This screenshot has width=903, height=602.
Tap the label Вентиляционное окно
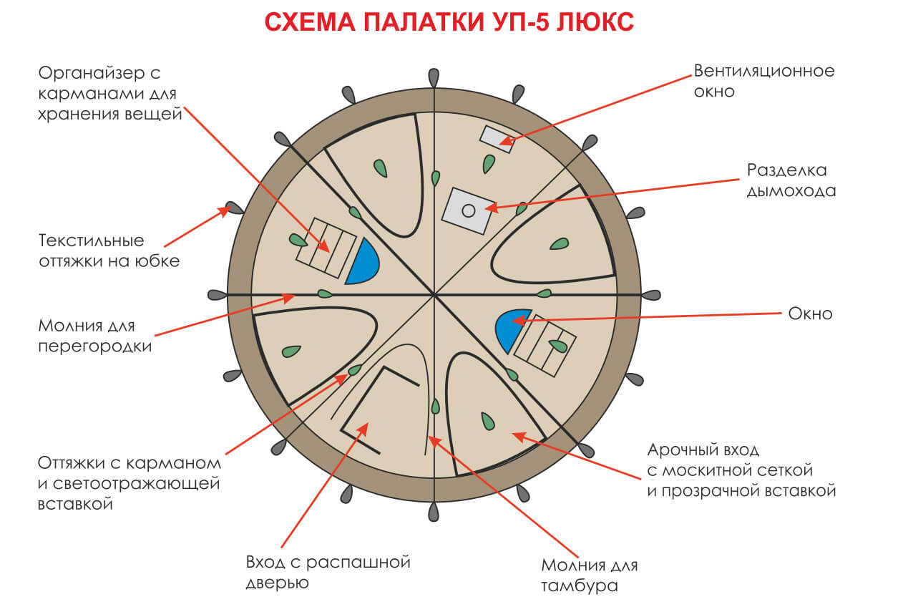pos(764,81)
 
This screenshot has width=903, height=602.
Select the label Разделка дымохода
pos(791,180)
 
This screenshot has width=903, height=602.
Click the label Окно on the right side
pos(810,314)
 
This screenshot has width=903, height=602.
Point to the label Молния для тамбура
pos(590,576)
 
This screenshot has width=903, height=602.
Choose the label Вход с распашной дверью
pos(328,572)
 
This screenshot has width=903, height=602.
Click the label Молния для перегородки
pos(94,336)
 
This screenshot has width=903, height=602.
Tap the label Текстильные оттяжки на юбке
pos(109,251)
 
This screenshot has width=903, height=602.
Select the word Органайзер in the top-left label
pos(92,74)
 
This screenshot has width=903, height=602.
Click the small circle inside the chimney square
pos(468,210)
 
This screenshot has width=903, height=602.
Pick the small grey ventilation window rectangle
pos(497,139)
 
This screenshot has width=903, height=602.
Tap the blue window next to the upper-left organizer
pos(362,262)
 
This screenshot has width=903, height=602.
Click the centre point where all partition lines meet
pos(434,295)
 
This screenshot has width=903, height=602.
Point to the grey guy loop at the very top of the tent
pos(434,78)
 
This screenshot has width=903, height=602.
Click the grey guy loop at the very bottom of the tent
pos(434,512)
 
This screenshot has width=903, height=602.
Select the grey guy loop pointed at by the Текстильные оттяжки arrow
pos(234,208)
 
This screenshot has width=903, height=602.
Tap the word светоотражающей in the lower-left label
pos(136,484)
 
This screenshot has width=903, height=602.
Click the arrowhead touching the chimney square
pos(492,208)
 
